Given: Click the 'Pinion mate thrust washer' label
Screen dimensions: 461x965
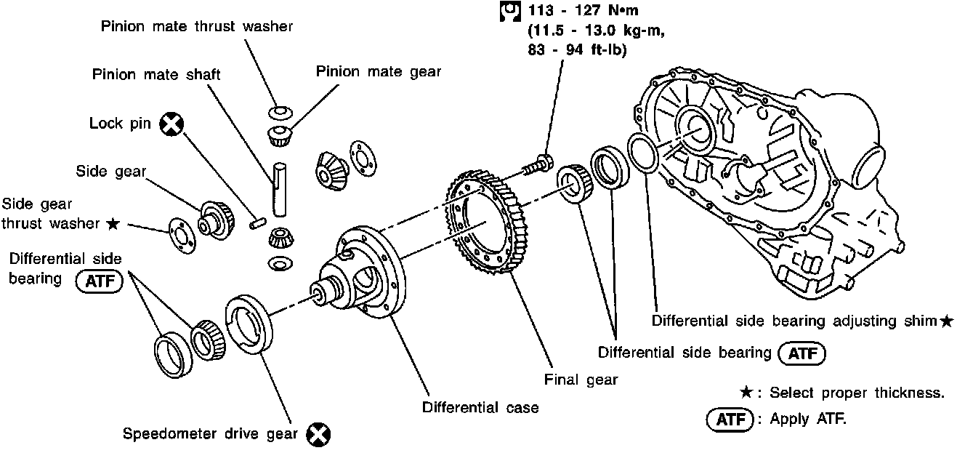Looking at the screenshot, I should click(196, 27).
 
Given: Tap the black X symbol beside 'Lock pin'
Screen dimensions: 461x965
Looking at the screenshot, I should click(171, 124).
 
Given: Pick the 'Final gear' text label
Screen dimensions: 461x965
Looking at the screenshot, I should click(581, 379).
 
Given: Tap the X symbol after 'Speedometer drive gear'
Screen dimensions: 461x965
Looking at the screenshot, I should click(318, 434).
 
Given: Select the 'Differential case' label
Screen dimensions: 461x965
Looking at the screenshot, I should click(480, 407).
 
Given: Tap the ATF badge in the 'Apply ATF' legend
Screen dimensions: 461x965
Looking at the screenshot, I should click(730, 420).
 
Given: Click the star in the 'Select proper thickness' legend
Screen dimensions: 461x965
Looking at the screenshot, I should click(746, 393).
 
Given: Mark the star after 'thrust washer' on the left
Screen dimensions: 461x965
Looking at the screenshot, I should click(112, 223).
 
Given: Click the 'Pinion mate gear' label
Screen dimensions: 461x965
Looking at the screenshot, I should click(379, 71).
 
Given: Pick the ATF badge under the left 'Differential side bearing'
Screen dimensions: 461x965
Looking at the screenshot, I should click(100, 281).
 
